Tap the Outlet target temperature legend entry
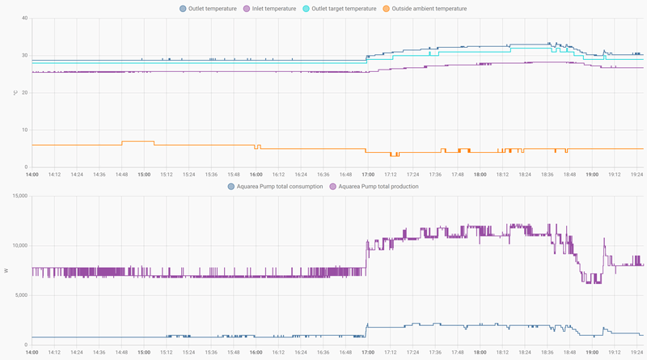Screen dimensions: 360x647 (344, 9)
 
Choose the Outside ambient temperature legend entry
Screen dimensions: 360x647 (429, 9)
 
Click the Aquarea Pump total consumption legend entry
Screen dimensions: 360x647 (280, 186)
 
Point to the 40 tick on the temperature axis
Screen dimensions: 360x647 (23, 18)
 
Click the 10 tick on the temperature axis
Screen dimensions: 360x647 (23, 129)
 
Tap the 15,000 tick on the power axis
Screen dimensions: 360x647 (18, 196)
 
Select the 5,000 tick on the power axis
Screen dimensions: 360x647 (19, 294)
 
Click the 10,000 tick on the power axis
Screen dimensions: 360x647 (18, 245)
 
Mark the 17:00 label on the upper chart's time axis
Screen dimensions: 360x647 (368, 174)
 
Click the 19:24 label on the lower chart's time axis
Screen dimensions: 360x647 (636, 353)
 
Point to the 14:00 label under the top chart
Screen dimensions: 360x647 (32, 174)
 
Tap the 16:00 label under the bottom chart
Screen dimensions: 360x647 (256, 353)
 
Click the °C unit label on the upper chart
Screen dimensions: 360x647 (15, 92)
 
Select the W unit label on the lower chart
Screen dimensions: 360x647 (7, 270)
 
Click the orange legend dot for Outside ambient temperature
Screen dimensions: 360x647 (387, 9)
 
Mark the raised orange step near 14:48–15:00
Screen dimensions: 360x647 (137, 142)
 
